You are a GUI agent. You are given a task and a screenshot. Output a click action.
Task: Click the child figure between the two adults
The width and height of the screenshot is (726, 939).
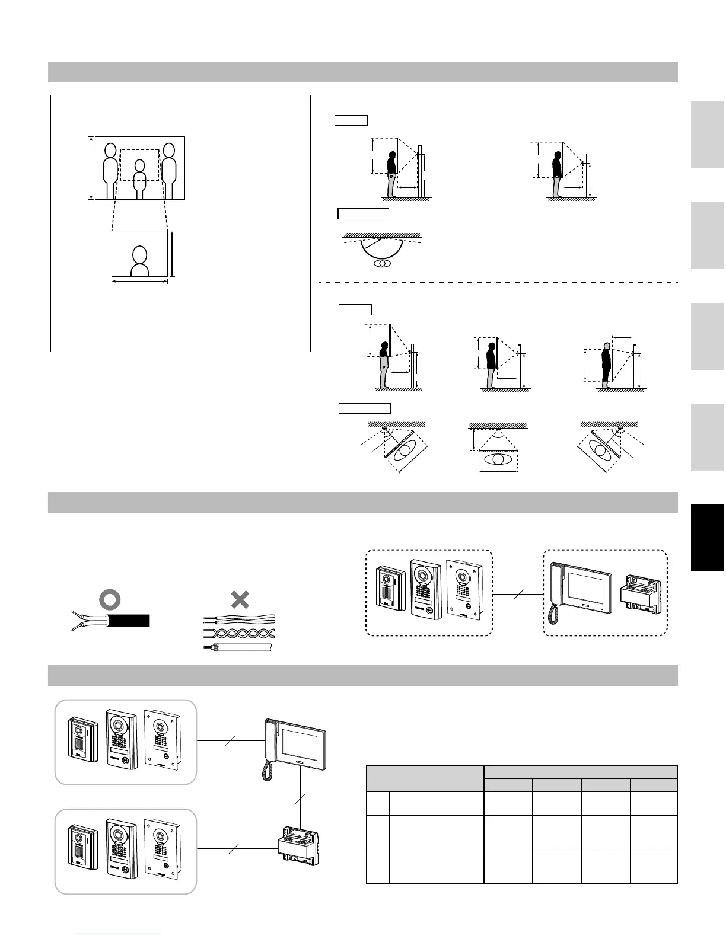(x=139, y=178)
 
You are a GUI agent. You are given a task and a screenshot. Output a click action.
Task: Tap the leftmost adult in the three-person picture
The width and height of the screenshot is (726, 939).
(x=110, y=169)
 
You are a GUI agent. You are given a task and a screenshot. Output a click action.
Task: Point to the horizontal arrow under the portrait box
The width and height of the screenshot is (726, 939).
(x=139, y=282)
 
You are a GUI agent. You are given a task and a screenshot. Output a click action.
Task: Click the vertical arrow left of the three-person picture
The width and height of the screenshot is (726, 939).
(x=91, y=168)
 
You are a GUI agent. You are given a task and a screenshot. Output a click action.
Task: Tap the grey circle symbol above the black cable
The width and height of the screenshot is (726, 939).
(x=109, y=601)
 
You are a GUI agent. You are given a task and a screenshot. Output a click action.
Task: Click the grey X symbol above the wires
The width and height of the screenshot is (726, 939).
(x=239, y=599)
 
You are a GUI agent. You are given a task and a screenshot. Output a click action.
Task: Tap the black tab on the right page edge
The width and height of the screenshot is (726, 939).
(x=707, y=538)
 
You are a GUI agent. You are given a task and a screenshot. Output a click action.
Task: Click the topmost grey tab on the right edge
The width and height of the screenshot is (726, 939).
(x=707, y=135)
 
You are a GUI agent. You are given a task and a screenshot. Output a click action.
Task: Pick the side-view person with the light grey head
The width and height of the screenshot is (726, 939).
(x=606, y=365)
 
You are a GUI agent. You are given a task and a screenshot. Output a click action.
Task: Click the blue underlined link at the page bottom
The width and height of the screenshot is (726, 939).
(x=118, y=934)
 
